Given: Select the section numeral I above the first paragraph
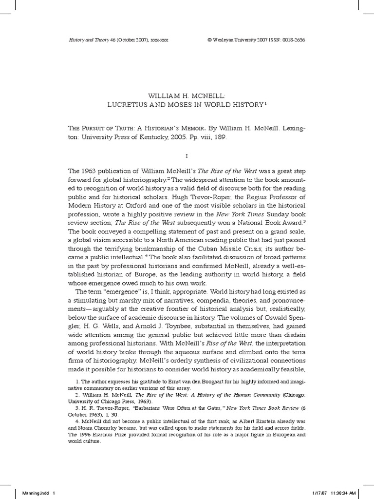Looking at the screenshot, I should tap(187, 156).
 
